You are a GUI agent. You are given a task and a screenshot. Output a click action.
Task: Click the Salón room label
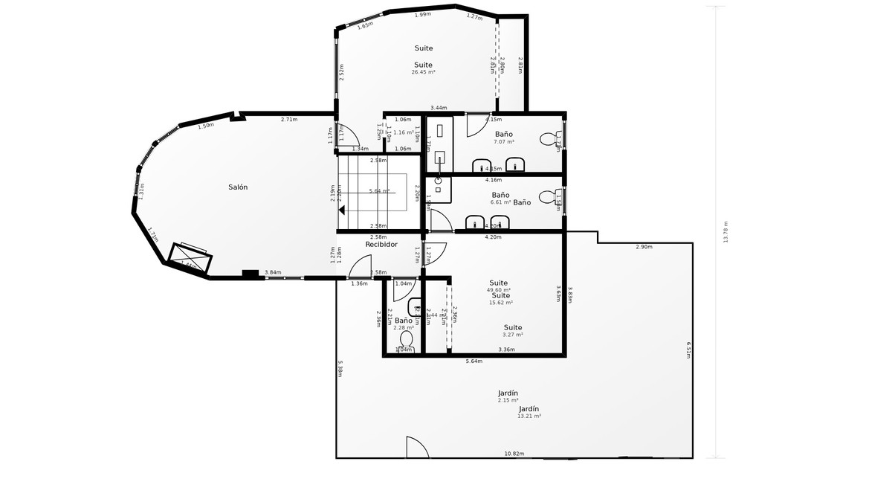point(238,187)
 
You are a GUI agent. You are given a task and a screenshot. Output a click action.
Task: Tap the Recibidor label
point(381,245)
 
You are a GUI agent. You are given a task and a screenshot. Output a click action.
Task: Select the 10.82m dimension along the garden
point(514,454)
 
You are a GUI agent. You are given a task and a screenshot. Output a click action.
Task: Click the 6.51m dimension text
point(689,350)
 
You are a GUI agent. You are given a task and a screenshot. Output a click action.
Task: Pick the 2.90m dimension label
point(644,247)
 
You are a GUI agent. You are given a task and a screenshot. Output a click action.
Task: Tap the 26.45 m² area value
point(424,73)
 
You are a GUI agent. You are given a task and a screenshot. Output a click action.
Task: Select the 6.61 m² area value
point(501,202)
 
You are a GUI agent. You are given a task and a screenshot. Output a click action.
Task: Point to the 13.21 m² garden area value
point(529,416)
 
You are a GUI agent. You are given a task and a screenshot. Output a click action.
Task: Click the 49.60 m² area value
point(498,290)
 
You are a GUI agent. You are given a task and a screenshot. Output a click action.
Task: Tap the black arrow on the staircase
point(342,210)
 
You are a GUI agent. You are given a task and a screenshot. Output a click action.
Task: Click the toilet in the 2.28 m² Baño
point(406,340)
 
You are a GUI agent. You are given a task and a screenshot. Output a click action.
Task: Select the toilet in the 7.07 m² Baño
point(549,138)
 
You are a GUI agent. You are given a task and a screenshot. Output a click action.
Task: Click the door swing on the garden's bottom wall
point(416,447)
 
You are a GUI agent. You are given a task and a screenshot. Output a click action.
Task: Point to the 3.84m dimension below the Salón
point(273,273)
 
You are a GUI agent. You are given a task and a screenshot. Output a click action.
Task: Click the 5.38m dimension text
point(340,369)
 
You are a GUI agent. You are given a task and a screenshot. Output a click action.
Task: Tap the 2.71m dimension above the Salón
point(289,120)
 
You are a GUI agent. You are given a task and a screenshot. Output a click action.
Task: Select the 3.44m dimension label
point(439,109)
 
